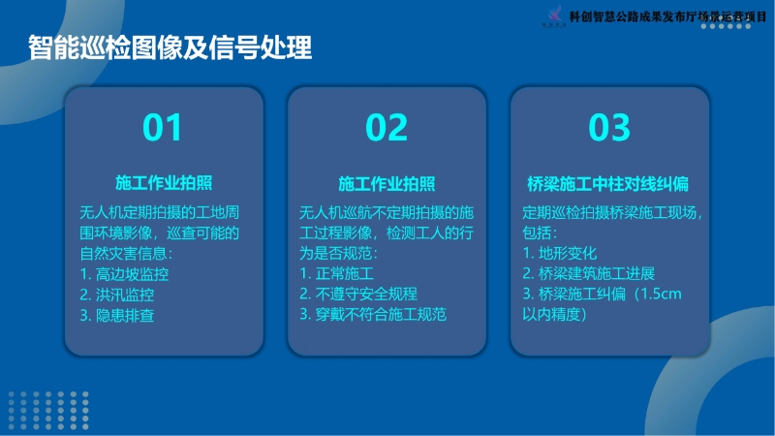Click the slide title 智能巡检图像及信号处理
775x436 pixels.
(170, 47)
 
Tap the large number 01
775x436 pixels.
(162, 128)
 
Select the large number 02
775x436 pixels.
(387, 128)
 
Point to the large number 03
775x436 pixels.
(609, 128)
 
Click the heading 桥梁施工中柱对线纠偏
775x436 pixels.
(608, 184)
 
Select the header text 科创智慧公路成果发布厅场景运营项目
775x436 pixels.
(667, 16)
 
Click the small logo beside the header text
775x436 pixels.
(554, 16)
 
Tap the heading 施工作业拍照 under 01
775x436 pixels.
(164, 183)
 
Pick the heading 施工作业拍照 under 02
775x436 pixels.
(387, 184)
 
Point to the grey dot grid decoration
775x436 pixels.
(48, 410)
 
